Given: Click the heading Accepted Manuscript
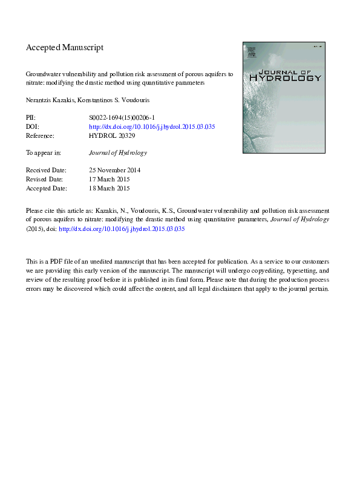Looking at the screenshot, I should pos(65,47).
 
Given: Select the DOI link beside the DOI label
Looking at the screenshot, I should pos(152,127).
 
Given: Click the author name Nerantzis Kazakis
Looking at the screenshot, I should pos(48,99).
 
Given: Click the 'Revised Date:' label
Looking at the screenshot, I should pos(46,180).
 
